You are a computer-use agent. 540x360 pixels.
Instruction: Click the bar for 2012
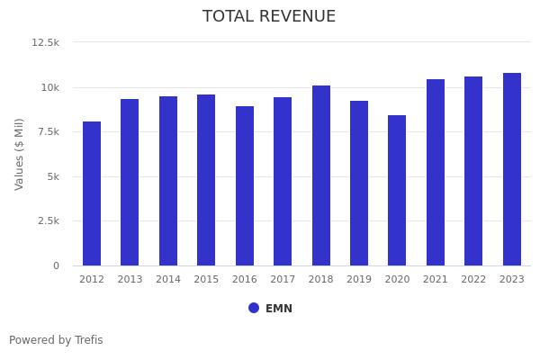(x=92, y=193)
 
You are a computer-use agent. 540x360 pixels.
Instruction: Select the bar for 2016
(x=245, y=185)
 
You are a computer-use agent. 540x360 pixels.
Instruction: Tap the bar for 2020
(x=397, y=190)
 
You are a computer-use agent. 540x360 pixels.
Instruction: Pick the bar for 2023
(x=512, y=169)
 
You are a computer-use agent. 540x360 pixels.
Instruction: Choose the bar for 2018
(x=321, y=175)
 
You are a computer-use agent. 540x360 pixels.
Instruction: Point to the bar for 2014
(x=168, y=181)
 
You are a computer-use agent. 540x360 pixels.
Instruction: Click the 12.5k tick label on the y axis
(x=46, y=42)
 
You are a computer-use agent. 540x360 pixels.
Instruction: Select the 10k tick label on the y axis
(x=49, y=87)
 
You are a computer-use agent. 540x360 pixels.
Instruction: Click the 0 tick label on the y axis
(x=56, y=265)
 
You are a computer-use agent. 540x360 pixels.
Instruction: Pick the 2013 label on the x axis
(x=130, y=280)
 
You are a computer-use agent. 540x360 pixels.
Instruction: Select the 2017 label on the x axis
(x=283, y=280)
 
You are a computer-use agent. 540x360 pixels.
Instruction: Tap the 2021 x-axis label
(x=436, y=280)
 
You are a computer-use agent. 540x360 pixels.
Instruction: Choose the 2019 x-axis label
(x=359, y=280)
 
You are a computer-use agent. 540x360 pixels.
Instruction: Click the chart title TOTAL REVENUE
(x=269, y=17)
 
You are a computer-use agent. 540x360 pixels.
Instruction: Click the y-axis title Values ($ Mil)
(x=20, y=154)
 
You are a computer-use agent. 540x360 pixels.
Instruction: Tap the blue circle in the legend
(x=254, y=308)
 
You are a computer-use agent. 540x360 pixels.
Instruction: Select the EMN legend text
(x=279, y=309)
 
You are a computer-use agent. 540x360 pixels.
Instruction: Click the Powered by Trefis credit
(x=56, y=340)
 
